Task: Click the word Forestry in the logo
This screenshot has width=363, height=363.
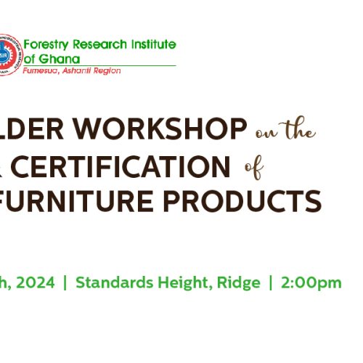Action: tap(46, 45)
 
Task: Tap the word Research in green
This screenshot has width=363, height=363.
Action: tap(99, 44)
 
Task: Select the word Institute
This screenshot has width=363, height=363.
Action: tap(154, 44)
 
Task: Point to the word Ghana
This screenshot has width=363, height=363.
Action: tap(60, 59)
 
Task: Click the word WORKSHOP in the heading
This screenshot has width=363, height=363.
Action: tap(160, 129)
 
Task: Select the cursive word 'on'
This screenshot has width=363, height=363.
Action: tap(266, 134)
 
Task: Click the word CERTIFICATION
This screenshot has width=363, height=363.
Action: tap(121, 167)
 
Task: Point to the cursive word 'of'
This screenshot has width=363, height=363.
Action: tap(254, 168)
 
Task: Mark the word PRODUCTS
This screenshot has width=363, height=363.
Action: tap(242, 201)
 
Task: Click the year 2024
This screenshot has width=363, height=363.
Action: tap(36, 282)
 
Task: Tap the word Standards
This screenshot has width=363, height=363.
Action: tap(114, 282)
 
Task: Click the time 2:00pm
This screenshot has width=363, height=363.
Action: tap(311, 283)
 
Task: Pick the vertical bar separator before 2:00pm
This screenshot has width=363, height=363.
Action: tap(271, 282)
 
